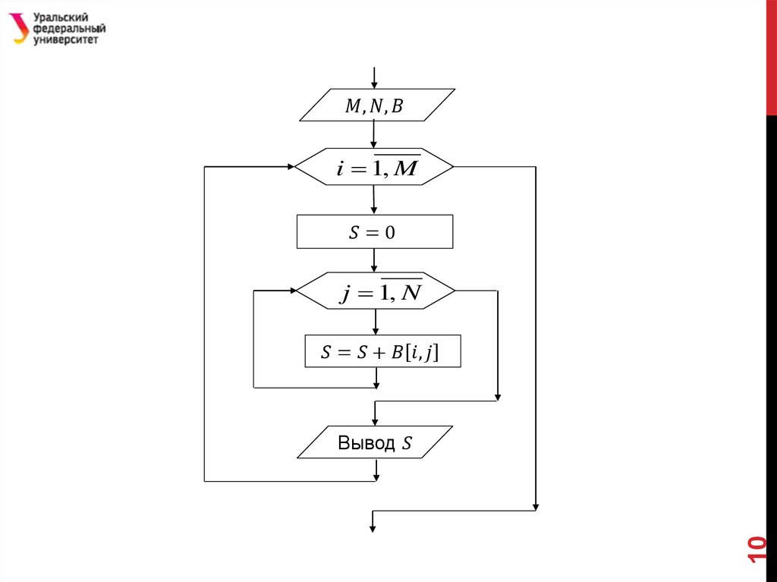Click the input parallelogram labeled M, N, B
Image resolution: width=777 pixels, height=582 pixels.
pyautogui.click(x=377, y=105)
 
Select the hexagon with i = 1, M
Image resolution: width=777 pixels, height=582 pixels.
pyautogui.click(x=374, y=167)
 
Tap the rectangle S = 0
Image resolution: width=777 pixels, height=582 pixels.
pyautogui.click(x=374, y=232)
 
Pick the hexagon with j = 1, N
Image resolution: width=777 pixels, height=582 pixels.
pyautogui.click(x=375, y=291)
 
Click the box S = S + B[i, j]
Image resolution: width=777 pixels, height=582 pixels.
pyautogui.click(x=382, y=352)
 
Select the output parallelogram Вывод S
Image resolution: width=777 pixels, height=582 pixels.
pyautogui.click(x=375, y=442)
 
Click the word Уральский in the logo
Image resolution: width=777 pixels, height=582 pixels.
pyautogui.click(x=61, y=17)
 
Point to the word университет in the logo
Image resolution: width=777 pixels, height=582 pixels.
pyautogui.click(x=66, y=39)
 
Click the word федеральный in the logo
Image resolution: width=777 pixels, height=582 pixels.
pyautogui.click(x=69, y=29)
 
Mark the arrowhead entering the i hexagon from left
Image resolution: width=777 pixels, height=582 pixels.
pyautogui.click(x=290, y=166)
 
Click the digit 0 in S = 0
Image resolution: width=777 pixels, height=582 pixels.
pyautogui.click(x=390, y=233)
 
